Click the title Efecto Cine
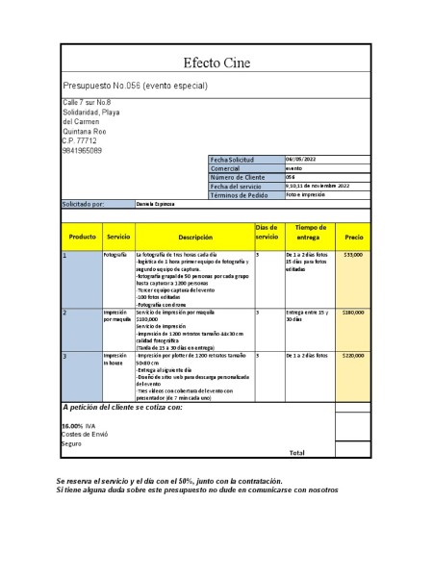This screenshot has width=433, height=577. tap(216, 63)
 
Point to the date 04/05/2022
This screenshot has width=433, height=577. tap(300, 159)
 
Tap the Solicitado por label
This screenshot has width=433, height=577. tap(85, 205)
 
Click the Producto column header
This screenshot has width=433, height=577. tap(82, 236)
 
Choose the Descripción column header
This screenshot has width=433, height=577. tap(194, 236)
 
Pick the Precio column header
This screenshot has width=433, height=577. tap(353, 236)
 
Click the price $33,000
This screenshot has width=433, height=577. tap(353, 255)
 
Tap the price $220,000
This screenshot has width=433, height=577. tap(353, 355)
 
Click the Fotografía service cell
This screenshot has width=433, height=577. tap(115, 255)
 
